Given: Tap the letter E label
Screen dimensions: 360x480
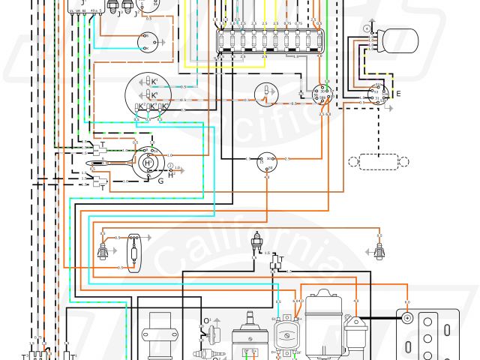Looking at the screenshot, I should click(398, 94).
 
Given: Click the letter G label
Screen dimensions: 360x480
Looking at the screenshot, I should click(159, 181).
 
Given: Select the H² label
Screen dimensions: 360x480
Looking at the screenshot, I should click(170, 175).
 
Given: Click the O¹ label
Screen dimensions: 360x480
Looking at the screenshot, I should click(206, 322).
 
